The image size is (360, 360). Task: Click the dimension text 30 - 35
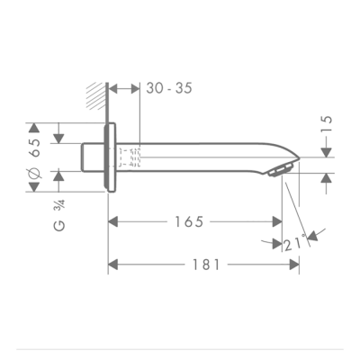(x=167, y=88)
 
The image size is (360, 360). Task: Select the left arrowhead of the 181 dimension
(x=112, y=265)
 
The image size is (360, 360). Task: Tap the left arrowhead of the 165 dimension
(x=112, y=221)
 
